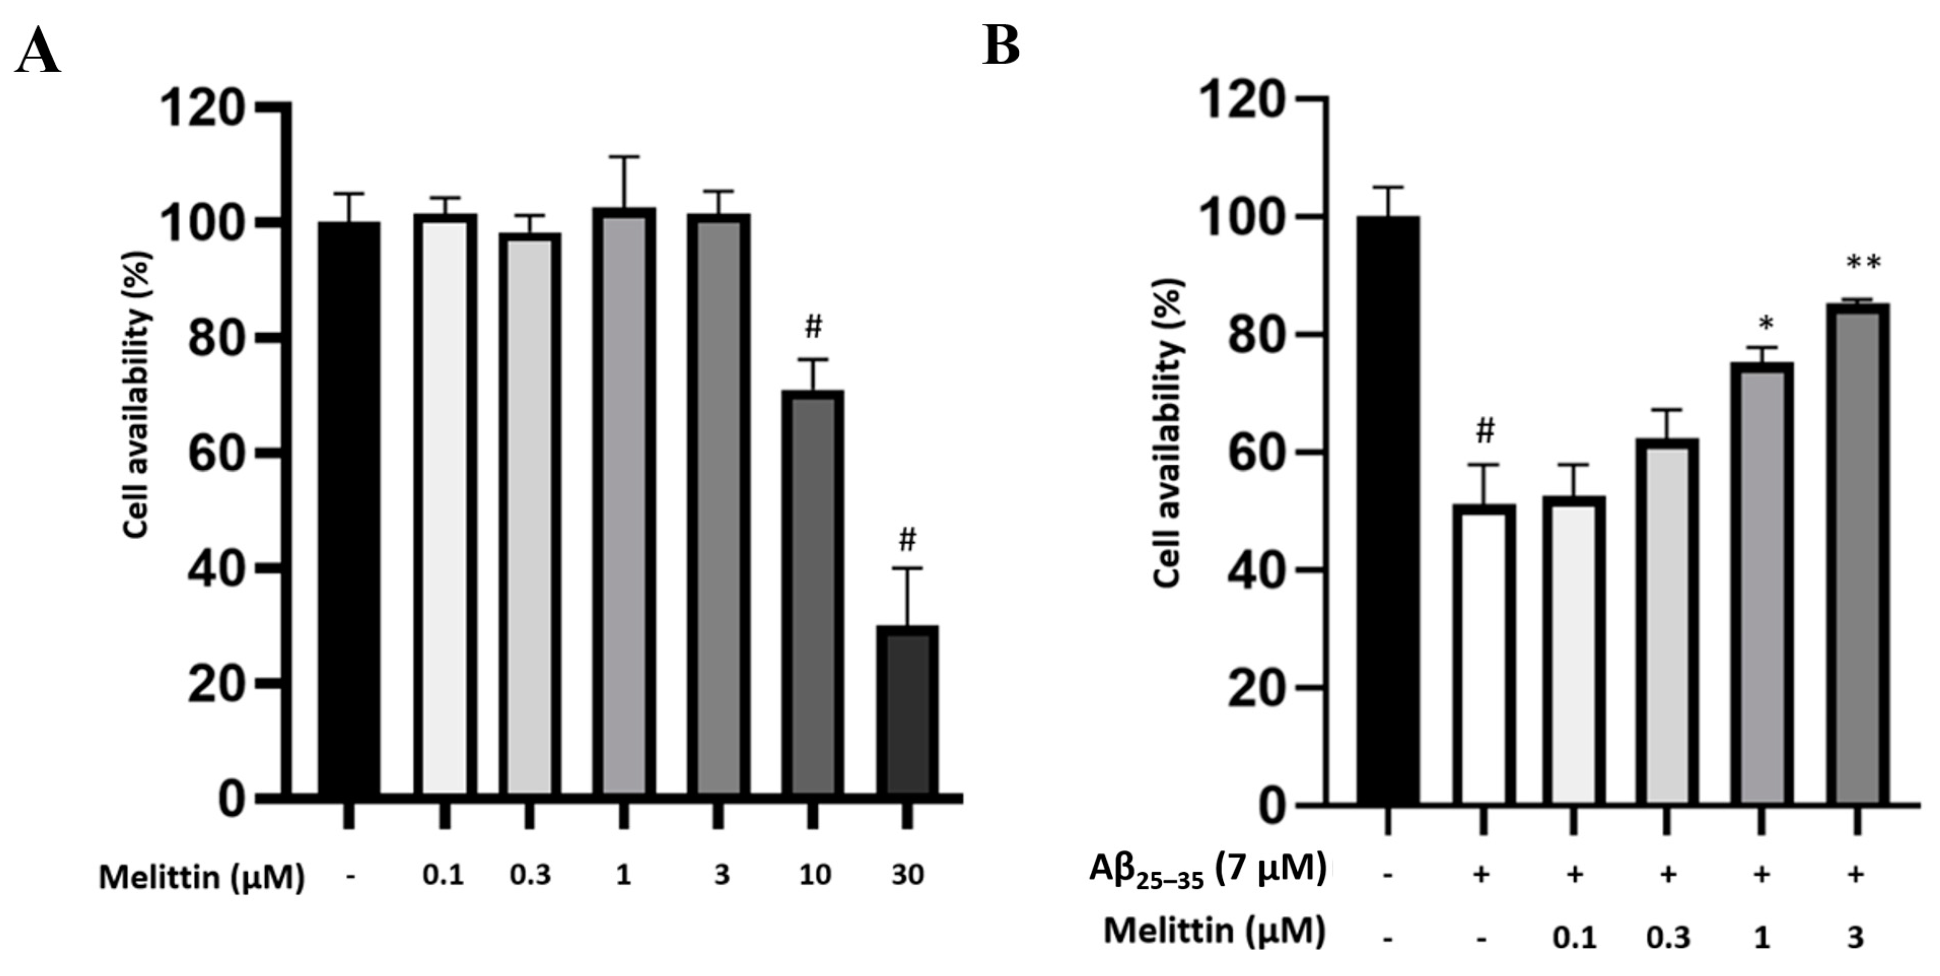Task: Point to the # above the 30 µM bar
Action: pyautogui.click(x=908, y=539)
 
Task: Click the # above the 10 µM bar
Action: pyautogui.click(x=813, y=327)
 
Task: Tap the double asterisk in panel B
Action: pyautogui.click(x=1864, y=263)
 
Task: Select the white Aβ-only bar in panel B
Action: pyautogui.click(x=1484, y=655)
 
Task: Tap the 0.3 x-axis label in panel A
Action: pyautogui.click(x=530, y=875)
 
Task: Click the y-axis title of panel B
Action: pyautogui.click(x=1167, y=433)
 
